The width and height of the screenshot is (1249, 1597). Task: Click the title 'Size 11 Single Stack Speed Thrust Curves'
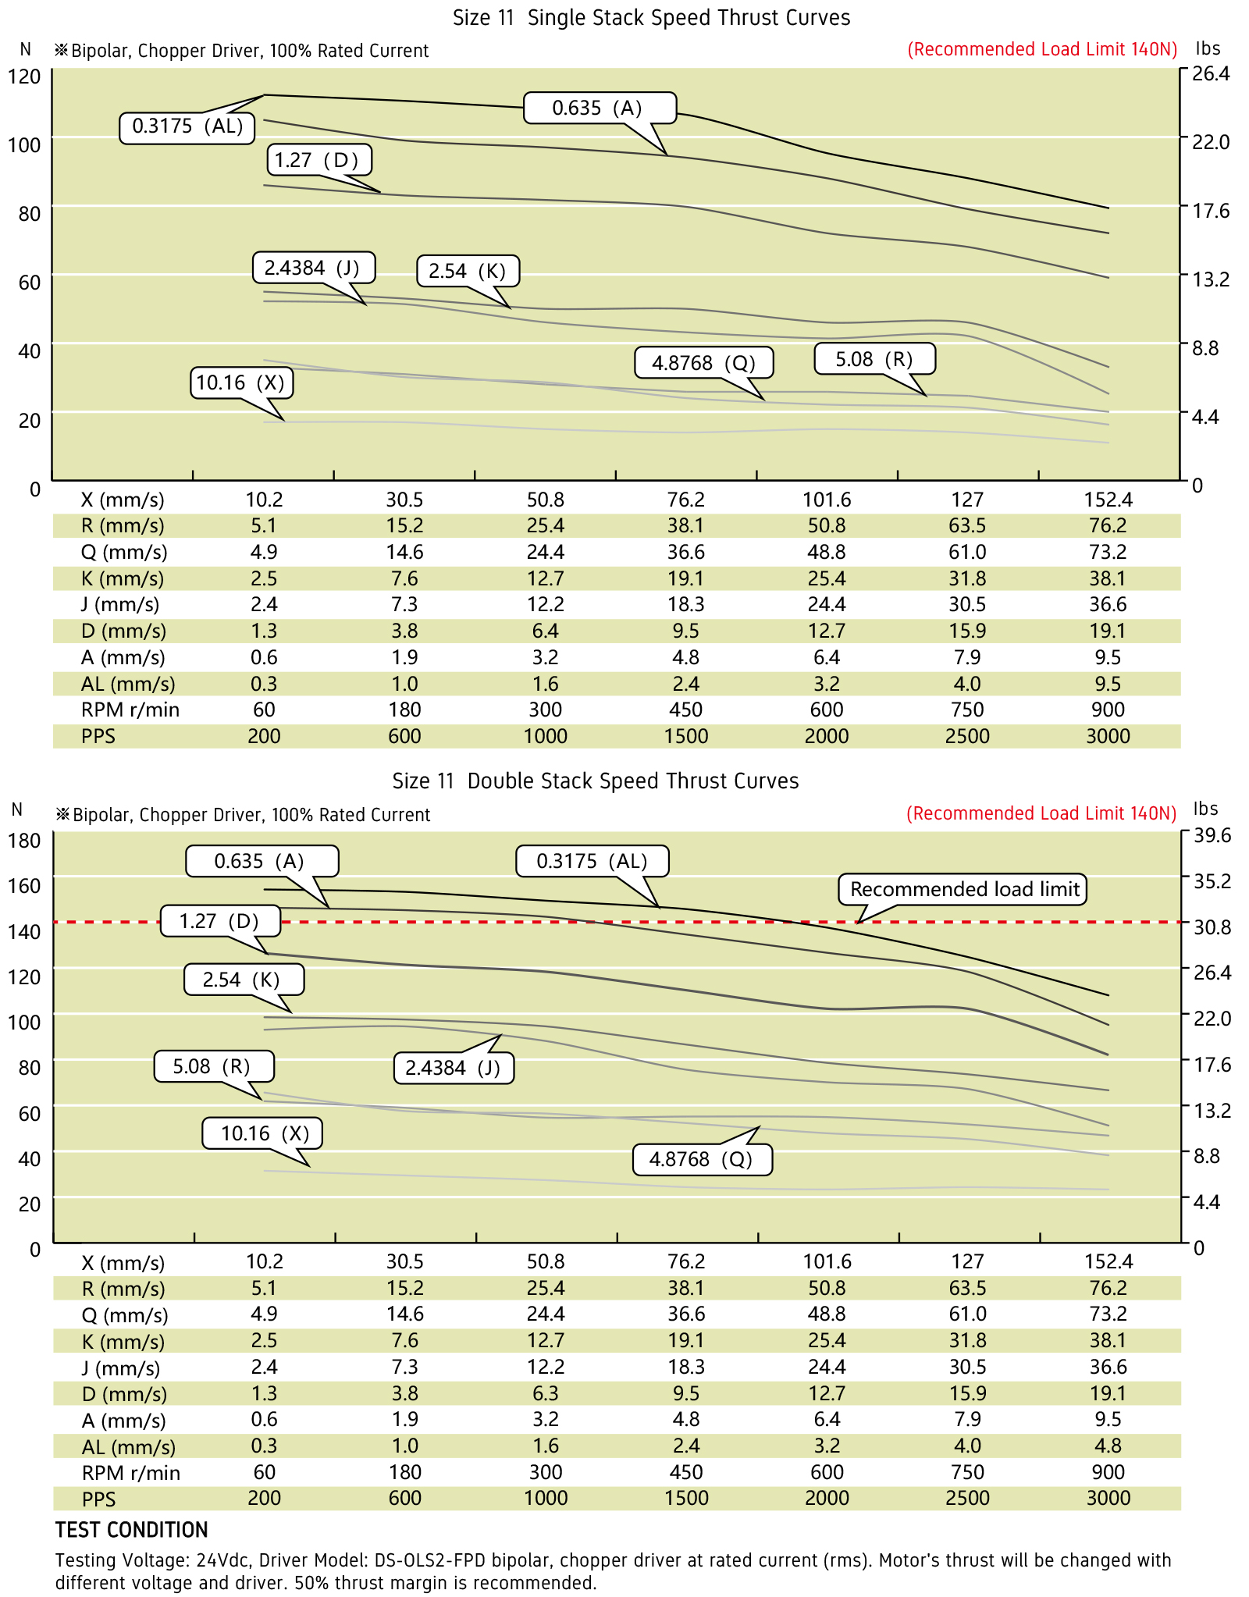click(651, 18)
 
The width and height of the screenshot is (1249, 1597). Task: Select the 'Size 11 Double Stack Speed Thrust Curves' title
click(595, 781)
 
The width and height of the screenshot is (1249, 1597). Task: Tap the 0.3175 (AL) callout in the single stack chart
click(187, 126)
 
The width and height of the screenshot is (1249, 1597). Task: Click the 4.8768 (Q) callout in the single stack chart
click(703, 363)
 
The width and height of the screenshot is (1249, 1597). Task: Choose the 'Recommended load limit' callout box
click(963, 889)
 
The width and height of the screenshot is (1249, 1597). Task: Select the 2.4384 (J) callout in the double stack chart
click(453, 1068)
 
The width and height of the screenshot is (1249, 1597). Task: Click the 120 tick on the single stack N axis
click(24, 76)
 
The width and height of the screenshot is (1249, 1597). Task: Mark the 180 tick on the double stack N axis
click(24, 840)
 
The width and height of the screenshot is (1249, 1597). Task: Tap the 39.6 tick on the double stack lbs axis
click(1212, 835)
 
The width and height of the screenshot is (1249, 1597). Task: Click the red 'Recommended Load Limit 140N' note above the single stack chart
click(1042, 50)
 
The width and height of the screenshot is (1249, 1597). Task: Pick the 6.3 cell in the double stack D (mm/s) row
click(546, 1393)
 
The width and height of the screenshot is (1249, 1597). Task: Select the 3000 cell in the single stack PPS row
click(1108, 736)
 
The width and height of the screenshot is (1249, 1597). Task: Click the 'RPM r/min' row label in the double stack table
click(130, 1473)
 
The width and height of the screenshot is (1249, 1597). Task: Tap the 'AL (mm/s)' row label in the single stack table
click(128, 684)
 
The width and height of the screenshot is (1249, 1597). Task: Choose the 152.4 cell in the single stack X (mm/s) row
click(1108, 500)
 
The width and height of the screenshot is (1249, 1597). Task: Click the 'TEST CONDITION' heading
click(131, 1530)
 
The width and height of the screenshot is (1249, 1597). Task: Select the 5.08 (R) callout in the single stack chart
click(874, 359)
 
